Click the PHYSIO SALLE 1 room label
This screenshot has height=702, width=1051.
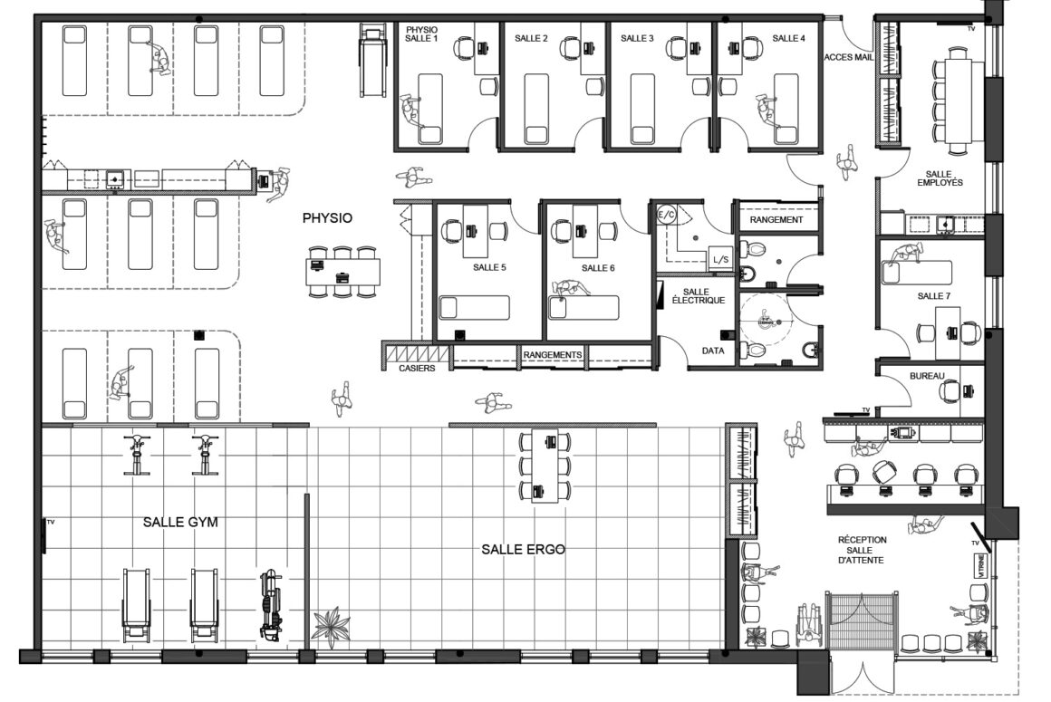tap(421, 34)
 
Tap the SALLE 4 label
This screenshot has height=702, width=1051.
tap(788, 38)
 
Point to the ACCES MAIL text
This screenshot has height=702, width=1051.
tap(849, 57)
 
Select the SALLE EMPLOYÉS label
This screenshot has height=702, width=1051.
tap(940, 178)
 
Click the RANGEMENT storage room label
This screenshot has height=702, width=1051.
tap(776, 220)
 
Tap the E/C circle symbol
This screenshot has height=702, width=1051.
tap(666, 215)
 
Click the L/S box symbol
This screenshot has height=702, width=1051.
tap(720, 259)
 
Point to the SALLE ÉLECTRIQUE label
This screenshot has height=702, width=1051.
tap(698, 296)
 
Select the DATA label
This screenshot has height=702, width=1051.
tap(713, 351)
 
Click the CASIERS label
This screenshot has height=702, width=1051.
tap(417, 368)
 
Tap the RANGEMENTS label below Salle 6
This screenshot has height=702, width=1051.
tap(553, 354)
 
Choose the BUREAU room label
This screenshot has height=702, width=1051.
tap(927, 377)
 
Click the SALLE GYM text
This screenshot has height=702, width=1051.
tap(180, 522)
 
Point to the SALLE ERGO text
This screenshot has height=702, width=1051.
tap(523, 549)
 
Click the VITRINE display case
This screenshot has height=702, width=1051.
tap(980, 564)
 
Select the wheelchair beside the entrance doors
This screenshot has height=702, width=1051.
tap(810, 625)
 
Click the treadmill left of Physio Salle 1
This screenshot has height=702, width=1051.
tap(372, 61)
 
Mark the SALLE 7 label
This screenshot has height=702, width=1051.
tap(934, 296)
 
